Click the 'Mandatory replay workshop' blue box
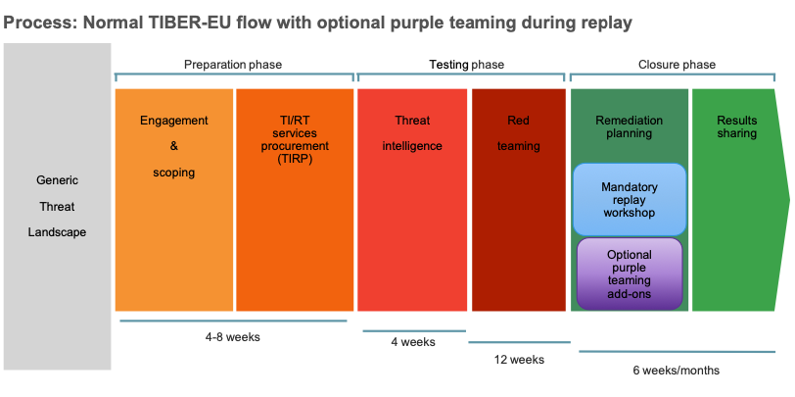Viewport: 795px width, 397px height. [x=630, y=199]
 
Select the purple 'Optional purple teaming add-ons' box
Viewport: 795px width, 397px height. [x=630, y=273]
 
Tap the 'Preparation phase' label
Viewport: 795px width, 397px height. [x=233, y=65]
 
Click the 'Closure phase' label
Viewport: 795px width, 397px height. [x=678, y=65]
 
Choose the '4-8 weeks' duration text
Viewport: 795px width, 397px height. [x=233, y=337]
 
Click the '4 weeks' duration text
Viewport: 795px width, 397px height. [x=412, y=342]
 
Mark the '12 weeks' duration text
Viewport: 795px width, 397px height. [x=520, y=359]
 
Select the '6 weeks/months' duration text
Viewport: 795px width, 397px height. [x=677, y=370]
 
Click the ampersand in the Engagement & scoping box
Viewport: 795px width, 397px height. [x=174, y=147]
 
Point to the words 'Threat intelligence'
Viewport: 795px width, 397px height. [x=412, y=133]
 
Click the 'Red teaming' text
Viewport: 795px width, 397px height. [x=518, y=133]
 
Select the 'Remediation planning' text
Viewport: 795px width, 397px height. [x=629, y=127]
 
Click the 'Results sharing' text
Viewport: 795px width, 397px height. [x=737, y=127]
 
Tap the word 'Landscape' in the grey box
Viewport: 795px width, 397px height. [x=58, y=232]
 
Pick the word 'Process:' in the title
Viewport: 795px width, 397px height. [x=38, y=21]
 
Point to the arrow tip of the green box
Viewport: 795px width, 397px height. [x=787, y=200]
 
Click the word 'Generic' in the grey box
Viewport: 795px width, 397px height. [x=58, y=181]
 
